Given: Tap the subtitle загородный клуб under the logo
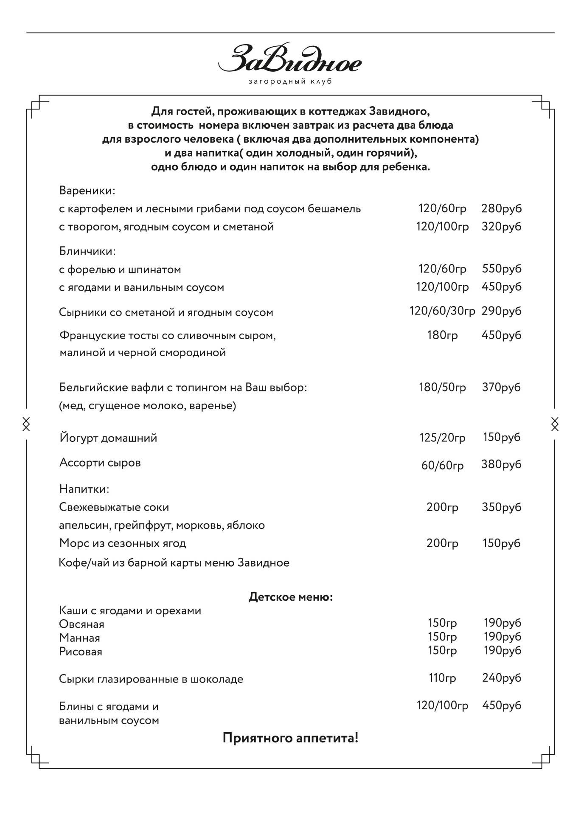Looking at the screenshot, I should point(290,81).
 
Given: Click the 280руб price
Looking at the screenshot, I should point(501,208).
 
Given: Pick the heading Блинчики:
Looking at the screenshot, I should point(87,251).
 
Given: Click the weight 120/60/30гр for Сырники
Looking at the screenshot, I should point(442,311).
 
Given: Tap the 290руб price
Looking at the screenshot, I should point(501,311).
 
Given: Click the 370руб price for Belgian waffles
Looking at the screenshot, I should point(501,387).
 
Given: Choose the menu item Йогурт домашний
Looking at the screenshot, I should point(108,438).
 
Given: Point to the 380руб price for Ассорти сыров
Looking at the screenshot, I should point(501,464).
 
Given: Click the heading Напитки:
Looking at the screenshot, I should point(84,489).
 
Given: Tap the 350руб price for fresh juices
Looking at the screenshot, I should point(501,507).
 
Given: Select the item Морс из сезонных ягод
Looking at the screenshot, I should point(123,543).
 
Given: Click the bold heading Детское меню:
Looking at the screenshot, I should point(290,597).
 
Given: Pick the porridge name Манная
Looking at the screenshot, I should point(80,638).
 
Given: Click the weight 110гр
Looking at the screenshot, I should point(442,678).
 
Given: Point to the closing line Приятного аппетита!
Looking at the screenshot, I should point(290,738).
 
